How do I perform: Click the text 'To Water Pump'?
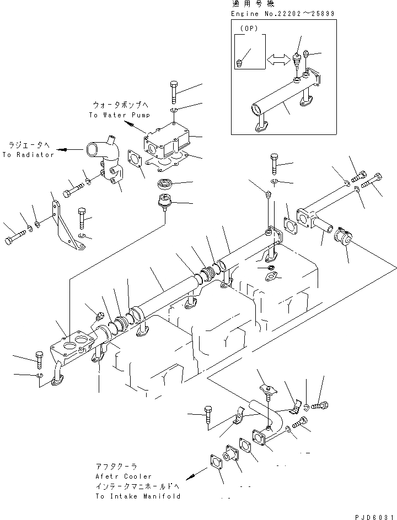(x=119, y=115)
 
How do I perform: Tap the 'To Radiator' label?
(x=28, y=155)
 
